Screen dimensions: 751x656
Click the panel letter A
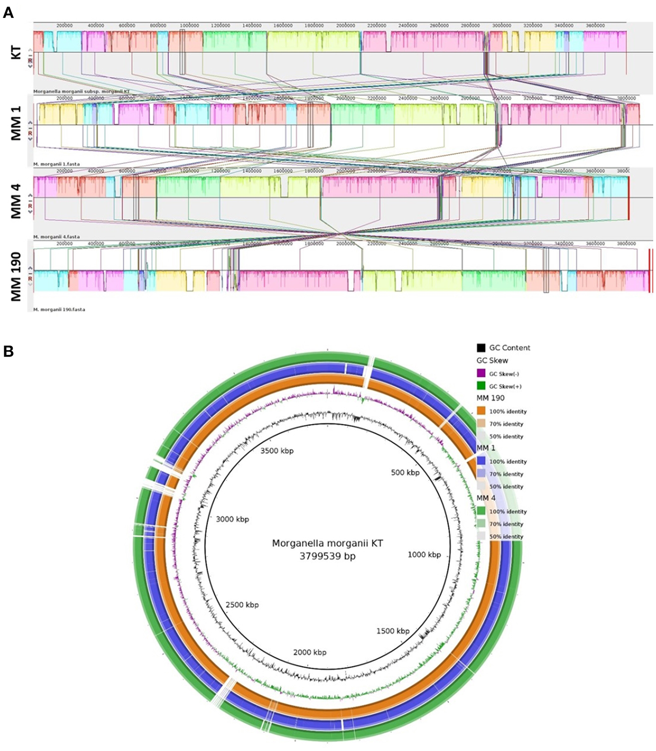pyautogui.click(x=8, y=13)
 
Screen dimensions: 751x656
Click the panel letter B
pyautogui.click(x=8, y=352)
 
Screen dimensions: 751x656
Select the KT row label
pyautogui.click(x=16, y=52)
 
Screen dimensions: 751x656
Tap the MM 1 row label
pyautogui.click(x=16, y=124)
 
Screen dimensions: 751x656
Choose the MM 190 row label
pyautogui.click(x=16, y=277)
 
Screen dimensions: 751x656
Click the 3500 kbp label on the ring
pyautogui.click(x=277, y=451)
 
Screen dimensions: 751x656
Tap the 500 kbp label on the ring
pyautogui.click(x=405, y=472)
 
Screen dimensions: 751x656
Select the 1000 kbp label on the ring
pyautogui.click(x=424, y=555)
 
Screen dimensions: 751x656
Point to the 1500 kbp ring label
pyautogui.click(x=392, y=631)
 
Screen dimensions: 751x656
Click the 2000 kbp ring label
pyautogui.click(x=310, y=652)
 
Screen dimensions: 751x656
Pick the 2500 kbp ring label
pyautogui.click(x=242, y=605)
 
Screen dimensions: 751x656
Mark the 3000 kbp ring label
pyautogui.click(x=232, y=519)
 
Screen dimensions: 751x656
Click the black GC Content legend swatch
pyautogui.click(x=481, y=348)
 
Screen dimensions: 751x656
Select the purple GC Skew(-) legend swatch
pyautogui.click(x=481, y=374)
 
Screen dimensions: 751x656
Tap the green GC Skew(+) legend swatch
pyautogui.click(x=481, y=386)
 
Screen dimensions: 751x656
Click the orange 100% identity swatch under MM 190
pyautogui.click(x=481, y=411)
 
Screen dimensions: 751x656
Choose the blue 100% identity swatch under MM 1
pyautogui.click(x=481, y=461)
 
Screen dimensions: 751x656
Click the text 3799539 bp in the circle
pyautogui.click(x=328, y=556)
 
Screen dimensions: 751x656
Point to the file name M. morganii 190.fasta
pyautogui.click(x=59, y=310)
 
